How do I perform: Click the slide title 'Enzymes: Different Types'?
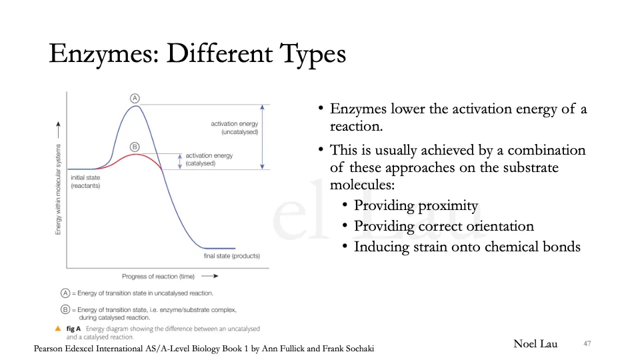tap(197, 53)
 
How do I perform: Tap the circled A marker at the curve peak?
tap(135, 98)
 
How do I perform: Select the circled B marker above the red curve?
tap(135, 147)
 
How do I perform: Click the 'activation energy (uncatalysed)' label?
tap(234, 128)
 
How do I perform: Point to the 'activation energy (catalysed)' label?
tap(209, 159)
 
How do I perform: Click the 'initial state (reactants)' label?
tap(85, 181)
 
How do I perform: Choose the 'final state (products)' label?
tap(231, 256)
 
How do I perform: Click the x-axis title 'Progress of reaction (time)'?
tap(158, 276)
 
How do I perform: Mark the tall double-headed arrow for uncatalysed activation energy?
tap(263, 137)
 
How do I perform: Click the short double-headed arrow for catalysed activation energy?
tap(179, 161)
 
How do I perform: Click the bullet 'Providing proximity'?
tap(415, 206)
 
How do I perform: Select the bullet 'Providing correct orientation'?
tap(443, 227)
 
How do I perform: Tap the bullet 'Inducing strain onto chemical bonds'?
tap(467, 247)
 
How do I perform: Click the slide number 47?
tap(587, 343)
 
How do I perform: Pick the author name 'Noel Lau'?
tap(535, 344)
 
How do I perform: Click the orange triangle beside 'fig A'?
tap(58, 329)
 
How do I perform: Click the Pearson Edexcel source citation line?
tap(204, 349)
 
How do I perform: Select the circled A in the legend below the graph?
tap(65, 293)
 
